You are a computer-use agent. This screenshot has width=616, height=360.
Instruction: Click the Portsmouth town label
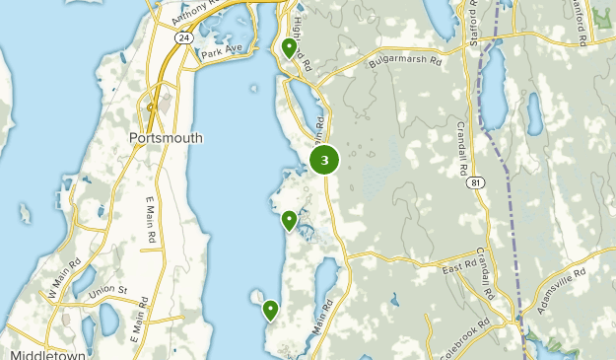tap(166, 138)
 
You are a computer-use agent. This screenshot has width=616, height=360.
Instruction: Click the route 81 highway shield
tap(477, 182)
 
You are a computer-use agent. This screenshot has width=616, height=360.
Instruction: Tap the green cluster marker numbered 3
tap(324, 160)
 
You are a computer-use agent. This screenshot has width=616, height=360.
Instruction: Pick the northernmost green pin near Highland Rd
tap(289, 47)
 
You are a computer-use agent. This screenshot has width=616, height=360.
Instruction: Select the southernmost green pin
tap(270, 311)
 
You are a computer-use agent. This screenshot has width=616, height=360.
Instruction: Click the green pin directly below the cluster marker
tap(289, 221)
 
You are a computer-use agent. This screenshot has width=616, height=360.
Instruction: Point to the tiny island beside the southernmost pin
tap(256, 295)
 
